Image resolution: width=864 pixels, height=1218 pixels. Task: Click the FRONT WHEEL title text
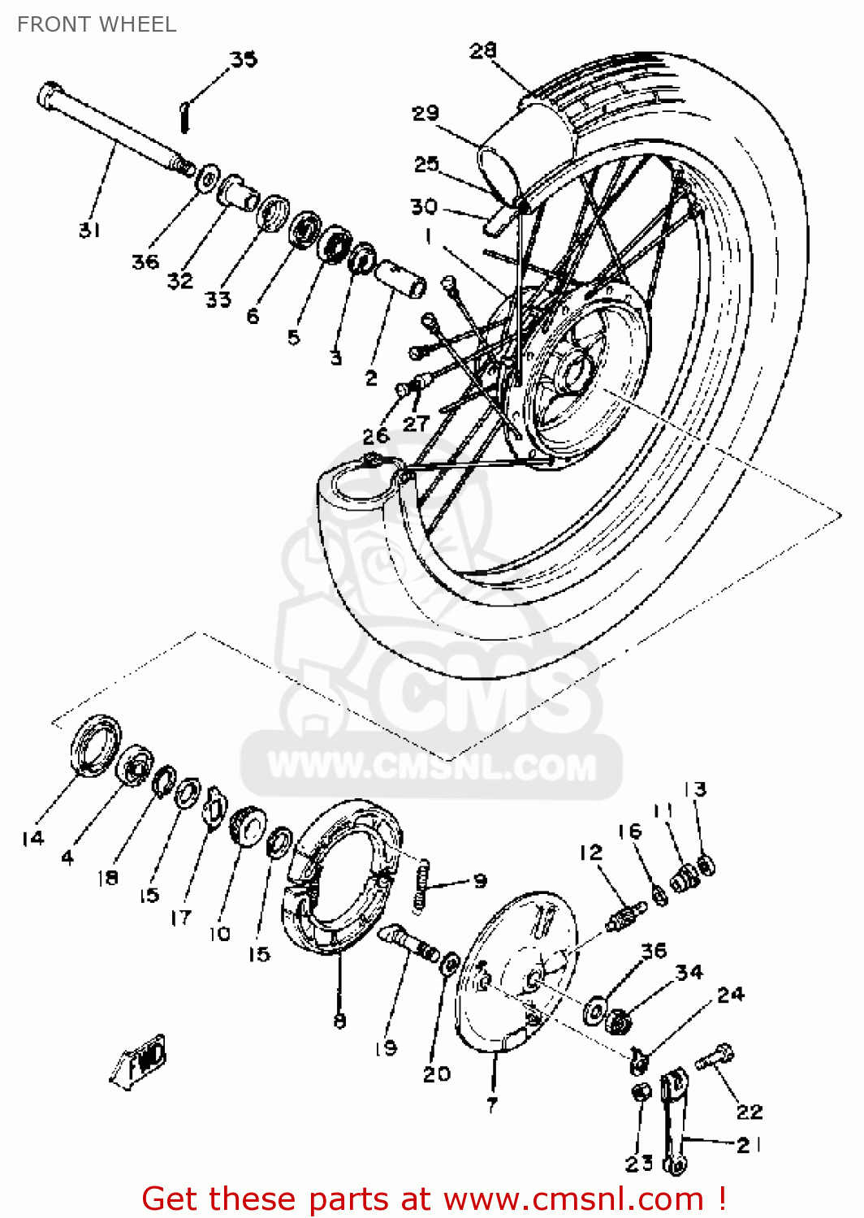[x=97, y=24]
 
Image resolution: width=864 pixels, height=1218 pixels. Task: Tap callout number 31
[x=89, y=230]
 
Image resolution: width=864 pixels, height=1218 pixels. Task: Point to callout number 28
[x=482, y=50]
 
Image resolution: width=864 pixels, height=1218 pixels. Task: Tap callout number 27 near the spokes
[x=416, y=423]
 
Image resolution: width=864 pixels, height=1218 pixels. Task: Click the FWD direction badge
[x=140, y=1060]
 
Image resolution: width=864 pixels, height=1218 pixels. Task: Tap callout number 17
[x=180, y=918]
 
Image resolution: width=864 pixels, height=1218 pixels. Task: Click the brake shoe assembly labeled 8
[x=341, y=877]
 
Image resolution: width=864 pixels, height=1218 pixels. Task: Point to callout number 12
[x=591, y=853]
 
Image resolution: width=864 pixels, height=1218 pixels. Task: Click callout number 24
[x=730, y=995]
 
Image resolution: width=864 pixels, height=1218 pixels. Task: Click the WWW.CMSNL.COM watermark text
[x=432, y=767]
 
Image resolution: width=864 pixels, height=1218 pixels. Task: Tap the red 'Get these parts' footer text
[x=434, y=1199]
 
